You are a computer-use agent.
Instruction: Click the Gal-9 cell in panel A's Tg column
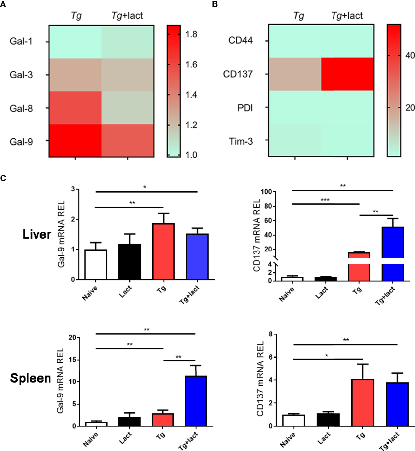(75, 141)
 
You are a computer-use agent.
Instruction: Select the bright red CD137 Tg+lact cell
(347, 74)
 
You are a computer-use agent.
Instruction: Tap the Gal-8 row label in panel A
(21, 109)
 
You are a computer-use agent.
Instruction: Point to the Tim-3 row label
(241, 141)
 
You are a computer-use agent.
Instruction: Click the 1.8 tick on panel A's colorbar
(191, 35)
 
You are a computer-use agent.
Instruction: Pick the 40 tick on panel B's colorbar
(410, 55)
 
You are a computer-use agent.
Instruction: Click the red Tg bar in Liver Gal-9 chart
(164, 251)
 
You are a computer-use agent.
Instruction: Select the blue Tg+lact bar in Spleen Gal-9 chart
(196, 401)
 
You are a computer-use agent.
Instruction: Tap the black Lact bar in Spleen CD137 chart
(328, 420)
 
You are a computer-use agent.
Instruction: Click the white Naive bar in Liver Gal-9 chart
(96, 265)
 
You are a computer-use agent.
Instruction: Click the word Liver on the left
(37, 234)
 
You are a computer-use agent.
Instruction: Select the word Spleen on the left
(31, 378)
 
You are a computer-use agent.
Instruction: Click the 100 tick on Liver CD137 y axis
(266, 192)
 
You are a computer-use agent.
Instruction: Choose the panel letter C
(3, 178)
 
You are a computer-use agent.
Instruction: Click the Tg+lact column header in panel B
(347, 16)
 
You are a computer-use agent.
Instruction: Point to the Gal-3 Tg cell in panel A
(75, 75)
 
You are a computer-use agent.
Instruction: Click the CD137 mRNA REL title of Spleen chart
(260, 379)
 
